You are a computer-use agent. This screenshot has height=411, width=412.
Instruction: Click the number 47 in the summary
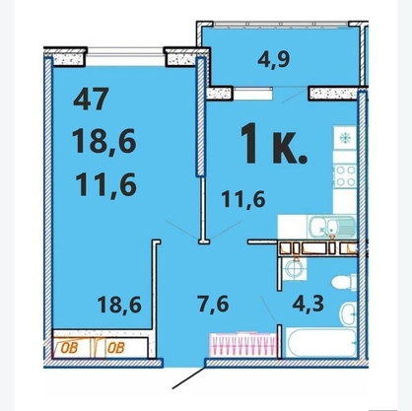click(x=91, y=99)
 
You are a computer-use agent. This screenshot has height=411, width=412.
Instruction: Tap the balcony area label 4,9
click(x=274, y=59)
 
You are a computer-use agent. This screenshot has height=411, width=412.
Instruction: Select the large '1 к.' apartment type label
click(x=274, y=143)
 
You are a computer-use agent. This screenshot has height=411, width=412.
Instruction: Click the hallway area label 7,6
click(x=213, y=304)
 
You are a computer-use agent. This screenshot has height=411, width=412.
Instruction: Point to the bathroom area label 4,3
click(x=309, y=304)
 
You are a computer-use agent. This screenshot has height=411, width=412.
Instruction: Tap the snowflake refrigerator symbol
click(x=345, y=138)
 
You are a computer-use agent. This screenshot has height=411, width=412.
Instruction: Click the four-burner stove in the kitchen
click(x=345, y=175)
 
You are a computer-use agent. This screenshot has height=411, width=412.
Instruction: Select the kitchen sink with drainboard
click(x=331, y=227)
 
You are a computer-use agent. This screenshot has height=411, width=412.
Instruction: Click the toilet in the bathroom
click(x=344, y=281)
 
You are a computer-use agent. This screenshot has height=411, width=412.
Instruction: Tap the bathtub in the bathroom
click(x=321, y=342)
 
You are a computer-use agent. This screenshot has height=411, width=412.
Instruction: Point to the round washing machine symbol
click(x=294, y=269)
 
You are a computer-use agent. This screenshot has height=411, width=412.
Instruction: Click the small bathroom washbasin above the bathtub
click(x=348, y=313)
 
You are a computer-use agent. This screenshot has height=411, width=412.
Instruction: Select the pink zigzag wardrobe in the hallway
click(x=242, y=345)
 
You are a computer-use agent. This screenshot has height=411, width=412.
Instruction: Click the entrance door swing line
click(x=189, y=377)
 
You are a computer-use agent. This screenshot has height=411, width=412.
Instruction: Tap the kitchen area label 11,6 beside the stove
click(x=243, y=199)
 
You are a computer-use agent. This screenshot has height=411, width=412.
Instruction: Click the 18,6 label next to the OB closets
click(x=119, y=305)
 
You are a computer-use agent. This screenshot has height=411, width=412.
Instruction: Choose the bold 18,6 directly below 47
click(x=103, y=141)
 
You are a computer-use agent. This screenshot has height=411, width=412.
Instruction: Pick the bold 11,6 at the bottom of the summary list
click(x=105, y=185)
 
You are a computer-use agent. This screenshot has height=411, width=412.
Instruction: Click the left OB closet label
click(x=69, y=348)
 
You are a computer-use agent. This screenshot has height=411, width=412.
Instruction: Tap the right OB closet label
click(x=116, y=348)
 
